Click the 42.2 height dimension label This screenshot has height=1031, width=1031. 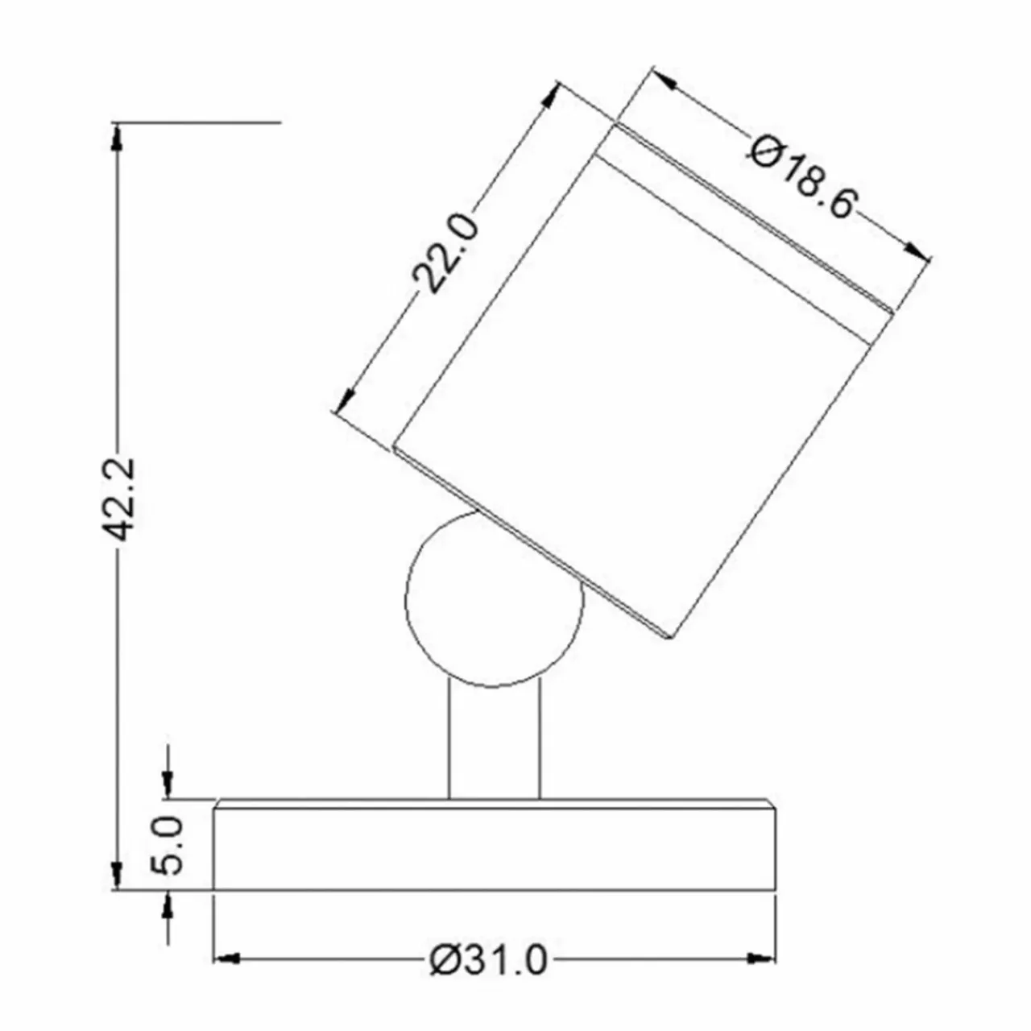click(x=117, y=499)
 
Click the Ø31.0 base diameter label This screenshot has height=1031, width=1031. click(x=489, y=961)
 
